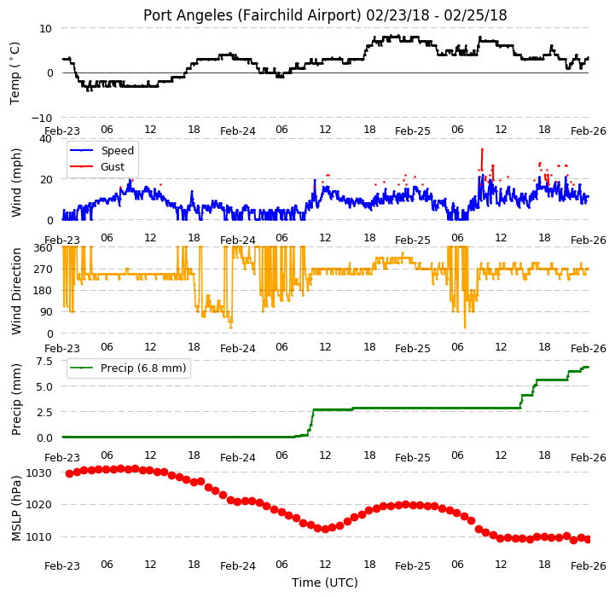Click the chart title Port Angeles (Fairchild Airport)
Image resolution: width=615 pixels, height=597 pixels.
tap(252, 15)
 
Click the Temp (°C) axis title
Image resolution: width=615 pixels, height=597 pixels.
tap(15, 73)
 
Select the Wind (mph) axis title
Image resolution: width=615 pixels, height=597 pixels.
tap(15, 183)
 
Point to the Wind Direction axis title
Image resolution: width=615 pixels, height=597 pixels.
tap(15, 291)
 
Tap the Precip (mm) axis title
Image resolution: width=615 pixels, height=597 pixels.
tap(15, 399)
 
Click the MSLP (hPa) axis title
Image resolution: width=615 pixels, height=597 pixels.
tap(15, 508)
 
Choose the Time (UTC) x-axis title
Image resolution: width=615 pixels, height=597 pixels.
tap(325, 583)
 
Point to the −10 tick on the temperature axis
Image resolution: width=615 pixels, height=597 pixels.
tap(42, 118)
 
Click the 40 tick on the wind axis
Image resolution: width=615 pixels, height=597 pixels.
tap(45, 139)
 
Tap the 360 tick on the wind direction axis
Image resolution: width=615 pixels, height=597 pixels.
tap(43, 248)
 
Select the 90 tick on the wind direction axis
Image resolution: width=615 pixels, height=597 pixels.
tap(46, 312)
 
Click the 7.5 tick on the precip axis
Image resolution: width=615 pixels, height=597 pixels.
tap(44, 362)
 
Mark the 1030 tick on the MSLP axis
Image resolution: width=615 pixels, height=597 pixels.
tap(39, 473)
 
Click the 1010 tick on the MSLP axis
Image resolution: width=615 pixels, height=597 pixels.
tap(39, 536)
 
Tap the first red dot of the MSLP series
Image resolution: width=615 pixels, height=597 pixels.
tap(69, 474)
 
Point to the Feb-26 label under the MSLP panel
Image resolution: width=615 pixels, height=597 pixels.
tap(589, 566)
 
